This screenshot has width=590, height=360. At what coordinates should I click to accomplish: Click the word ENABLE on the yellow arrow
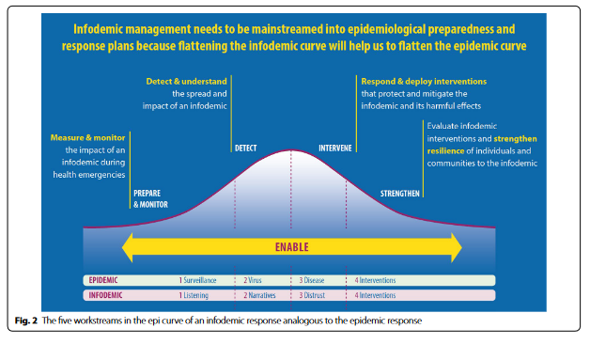[291, 247]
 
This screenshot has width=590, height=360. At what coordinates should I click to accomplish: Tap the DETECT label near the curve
[246, 148]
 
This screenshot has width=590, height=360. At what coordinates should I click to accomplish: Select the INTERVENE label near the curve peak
[335, 148]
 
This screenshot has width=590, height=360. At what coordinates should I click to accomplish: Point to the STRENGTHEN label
[399, 194]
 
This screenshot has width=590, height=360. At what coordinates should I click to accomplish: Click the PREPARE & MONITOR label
[150, 199]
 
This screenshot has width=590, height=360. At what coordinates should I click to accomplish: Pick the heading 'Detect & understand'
[186, 82]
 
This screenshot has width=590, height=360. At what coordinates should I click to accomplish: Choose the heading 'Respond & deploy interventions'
[424, 82]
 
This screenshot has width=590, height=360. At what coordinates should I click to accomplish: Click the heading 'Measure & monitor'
[87, 137]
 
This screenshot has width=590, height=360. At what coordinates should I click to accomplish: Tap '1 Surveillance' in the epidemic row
[197, 280]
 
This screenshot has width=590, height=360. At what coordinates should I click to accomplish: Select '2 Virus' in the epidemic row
[253, 280]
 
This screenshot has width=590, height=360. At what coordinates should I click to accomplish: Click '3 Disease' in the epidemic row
[312, 280]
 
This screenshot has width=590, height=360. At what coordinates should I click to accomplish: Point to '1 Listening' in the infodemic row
[194, 295]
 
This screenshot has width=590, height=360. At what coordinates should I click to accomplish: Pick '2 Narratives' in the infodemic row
[259, 295]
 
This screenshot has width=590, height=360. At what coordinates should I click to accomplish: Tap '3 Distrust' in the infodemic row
[312, 295]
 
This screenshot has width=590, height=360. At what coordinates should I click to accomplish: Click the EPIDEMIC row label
[103, 280]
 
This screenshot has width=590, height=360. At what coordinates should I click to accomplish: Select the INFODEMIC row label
[105, 295]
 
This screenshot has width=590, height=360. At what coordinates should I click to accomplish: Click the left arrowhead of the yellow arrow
[127, 247]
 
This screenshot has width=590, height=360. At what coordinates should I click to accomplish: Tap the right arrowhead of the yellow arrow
[457, 247]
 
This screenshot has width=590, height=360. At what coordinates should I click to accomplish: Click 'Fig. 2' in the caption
[26, 321]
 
